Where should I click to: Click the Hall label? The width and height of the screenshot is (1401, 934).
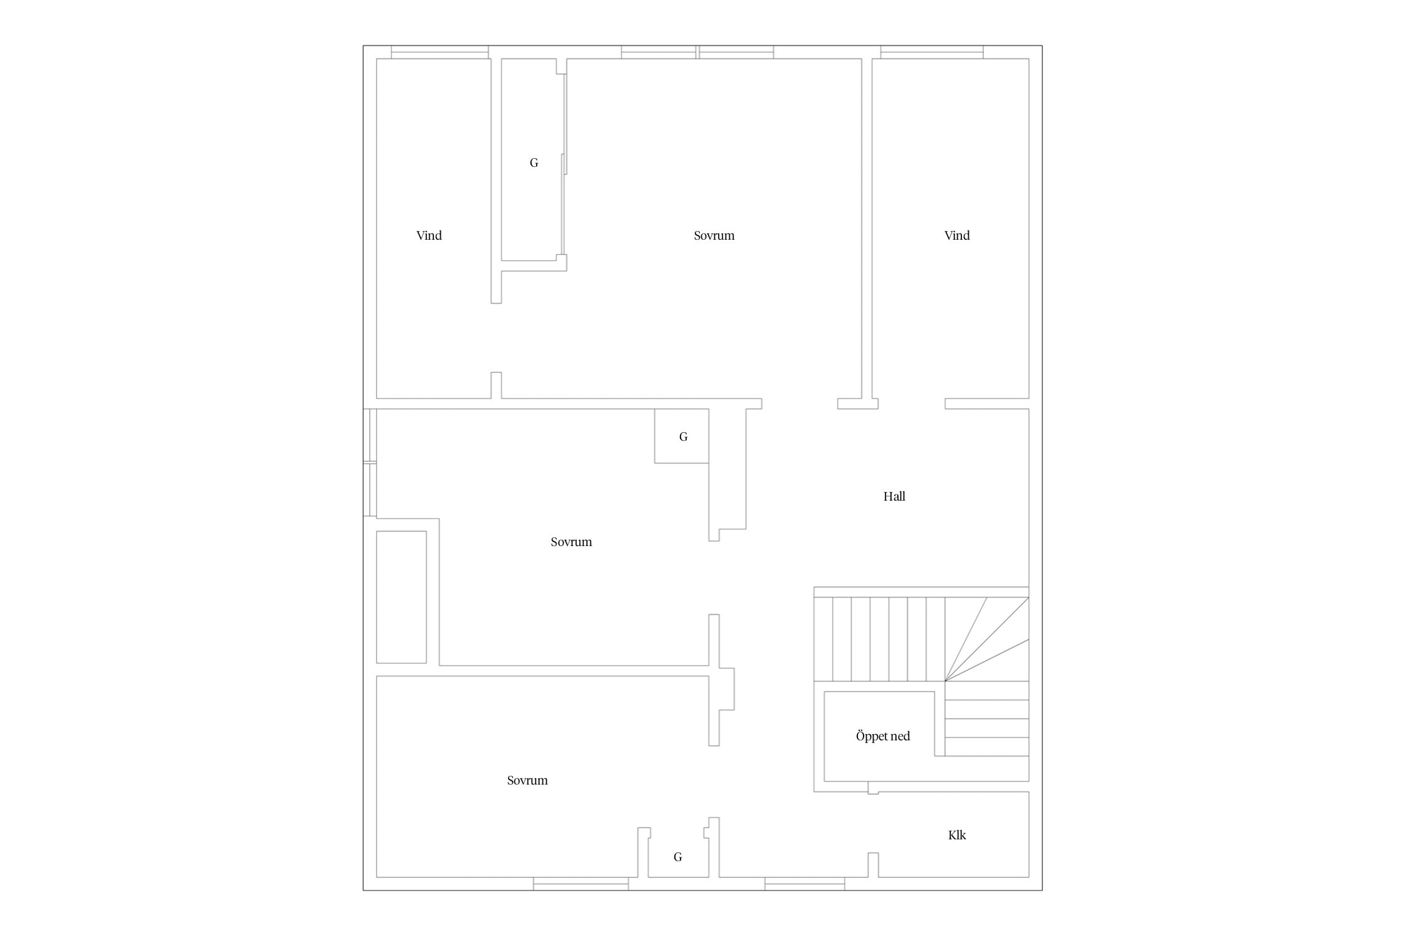coord(894,496)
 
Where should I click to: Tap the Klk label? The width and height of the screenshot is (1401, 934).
coord(957,835)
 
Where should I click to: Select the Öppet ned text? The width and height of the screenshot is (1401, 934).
coord(883,736)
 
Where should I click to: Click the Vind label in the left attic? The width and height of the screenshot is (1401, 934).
coord(429,235)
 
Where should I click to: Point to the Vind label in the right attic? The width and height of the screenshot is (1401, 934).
coord(957,235)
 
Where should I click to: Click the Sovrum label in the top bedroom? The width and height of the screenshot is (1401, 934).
coord(714,235)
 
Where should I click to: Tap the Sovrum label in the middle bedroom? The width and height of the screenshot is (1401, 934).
coord(571,542)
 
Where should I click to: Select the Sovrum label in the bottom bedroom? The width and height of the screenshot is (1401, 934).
coord(527,780)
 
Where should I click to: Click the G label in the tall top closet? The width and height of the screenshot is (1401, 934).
coord(534,163)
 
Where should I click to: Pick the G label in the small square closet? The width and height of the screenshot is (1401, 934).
coord(683,436)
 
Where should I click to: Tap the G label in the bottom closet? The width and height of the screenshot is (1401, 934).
coord(677,857)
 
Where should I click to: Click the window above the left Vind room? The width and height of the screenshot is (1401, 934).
coord(440,52)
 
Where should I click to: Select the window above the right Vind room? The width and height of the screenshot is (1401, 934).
coord(932,52)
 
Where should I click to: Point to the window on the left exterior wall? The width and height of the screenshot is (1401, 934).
coord(370,463)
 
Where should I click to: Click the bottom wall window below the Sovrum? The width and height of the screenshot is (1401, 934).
coord(581,884)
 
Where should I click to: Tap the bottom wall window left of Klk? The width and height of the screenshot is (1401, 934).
coord(804,884)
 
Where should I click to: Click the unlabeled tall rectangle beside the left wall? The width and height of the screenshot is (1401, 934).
coord(402,597)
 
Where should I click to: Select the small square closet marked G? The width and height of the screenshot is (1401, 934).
coord(681,436)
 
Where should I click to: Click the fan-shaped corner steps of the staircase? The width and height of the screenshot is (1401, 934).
coord(987,639)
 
